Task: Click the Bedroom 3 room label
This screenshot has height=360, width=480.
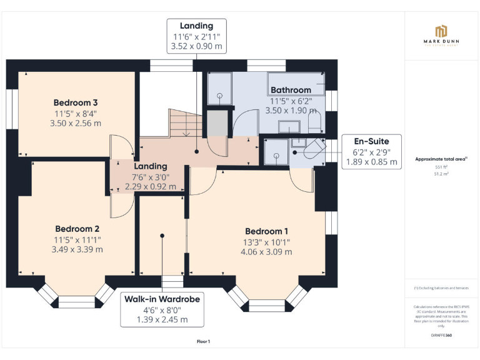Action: pos(75,102)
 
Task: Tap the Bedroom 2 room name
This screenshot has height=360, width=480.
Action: pos(77,229)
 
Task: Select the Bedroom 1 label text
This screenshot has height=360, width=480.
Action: pos(267,231)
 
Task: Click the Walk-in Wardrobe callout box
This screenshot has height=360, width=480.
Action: pos(162,309)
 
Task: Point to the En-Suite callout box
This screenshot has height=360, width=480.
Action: pos(372,152)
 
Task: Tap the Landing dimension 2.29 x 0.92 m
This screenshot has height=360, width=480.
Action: pos(151,186)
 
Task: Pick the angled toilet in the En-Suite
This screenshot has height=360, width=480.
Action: pos(313,150)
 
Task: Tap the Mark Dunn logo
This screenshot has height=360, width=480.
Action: pos(442,34)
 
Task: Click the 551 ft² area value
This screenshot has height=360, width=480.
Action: pos(442,167)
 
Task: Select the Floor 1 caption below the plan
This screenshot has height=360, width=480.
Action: pos(203,341)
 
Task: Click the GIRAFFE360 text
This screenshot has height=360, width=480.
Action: pos(441,336)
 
